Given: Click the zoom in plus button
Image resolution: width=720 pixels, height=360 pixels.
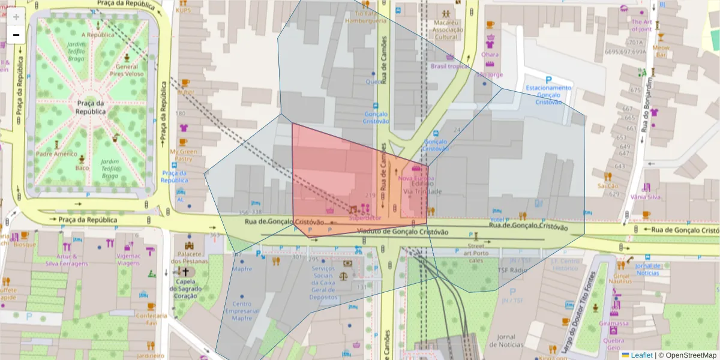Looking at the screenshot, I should tap(16, 17).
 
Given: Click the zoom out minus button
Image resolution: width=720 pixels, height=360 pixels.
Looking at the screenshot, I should tap(16, 35).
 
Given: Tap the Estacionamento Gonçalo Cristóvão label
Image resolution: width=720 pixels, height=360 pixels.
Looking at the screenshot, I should tap(548, 95).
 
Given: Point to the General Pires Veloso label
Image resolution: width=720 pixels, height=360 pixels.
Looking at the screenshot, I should tap(127, 71).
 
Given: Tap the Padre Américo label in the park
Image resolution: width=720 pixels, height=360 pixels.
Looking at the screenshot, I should tap(58, 154).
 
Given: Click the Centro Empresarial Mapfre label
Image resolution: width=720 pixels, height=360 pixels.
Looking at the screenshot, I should tap(242, 311).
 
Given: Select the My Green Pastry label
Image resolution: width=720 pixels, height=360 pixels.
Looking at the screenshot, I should tap(183, 155).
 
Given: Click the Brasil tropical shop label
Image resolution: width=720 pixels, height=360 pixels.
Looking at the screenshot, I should tap(449, 66).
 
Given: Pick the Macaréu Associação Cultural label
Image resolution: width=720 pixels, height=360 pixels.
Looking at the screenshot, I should tap(446, 29).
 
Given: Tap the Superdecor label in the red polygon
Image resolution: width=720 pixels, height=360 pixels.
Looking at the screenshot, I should tap(365, 218).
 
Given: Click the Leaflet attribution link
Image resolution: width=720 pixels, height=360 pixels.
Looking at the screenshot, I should tap(641, 355).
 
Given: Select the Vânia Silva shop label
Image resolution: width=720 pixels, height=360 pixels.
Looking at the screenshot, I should tap(645, 197).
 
